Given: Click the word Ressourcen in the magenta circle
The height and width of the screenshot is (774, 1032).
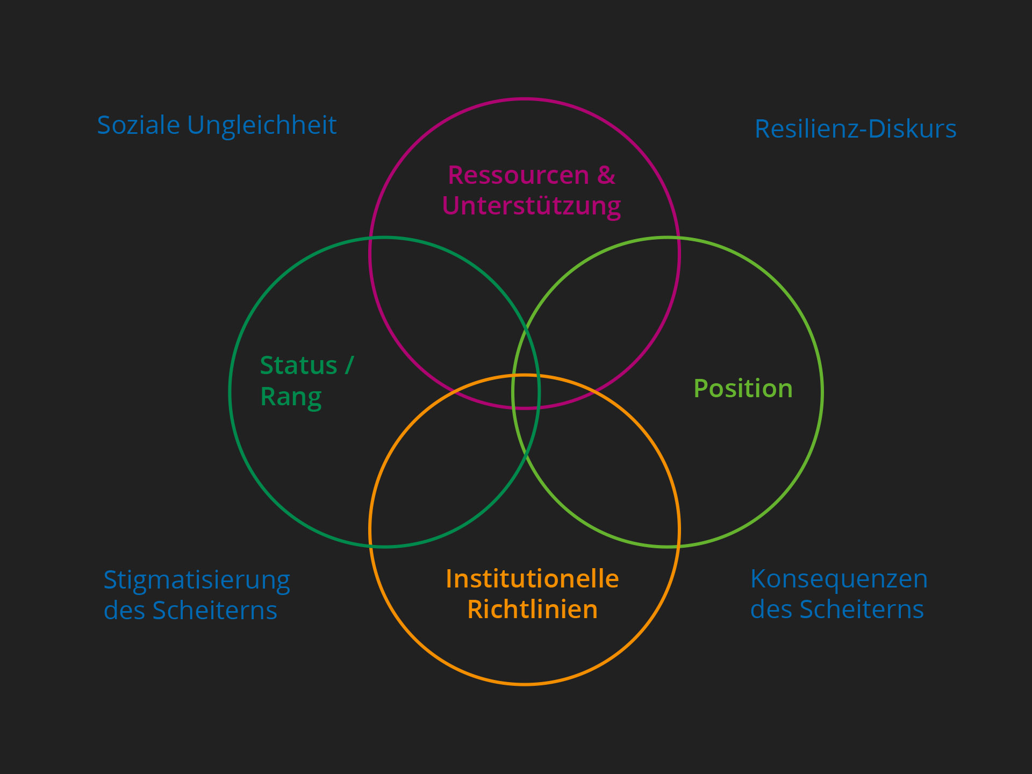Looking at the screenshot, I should pos(518,175).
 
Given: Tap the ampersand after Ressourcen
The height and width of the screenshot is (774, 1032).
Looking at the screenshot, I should pos(606,175).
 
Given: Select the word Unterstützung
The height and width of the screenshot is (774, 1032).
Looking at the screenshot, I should pos(531,206).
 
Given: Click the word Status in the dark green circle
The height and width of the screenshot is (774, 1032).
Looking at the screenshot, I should pos(298,365).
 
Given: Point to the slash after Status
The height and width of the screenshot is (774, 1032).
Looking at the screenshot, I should pos(349,365).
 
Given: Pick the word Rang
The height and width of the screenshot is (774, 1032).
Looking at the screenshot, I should pos(291,397).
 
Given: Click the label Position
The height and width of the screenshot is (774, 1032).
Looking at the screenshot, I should pos(743,389).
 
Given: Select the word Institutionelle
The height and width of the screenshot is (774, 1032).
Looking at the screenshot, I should pos(532,579).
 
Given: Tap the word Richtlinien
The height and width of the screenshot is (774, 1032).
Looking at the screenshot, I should pos(532,610).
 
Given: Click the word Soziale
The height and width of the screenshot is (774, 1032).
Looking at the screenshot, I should pos(138,125).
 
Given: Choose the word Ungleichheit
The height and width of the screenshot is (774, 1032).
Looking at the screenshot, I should pos(262,125).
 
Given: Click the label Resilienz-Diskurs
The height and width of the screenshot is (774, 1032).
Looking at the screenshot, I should pos(855,129).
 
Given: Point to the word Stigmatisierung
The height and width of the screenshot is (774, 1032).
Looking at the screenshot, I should pos(197,580).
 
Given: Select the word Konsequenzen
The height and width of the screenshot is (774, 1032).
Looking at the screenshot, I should pos(838,579).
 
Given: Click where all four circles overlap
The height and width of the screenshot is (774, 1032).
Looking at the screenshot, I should pos(526,392).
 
